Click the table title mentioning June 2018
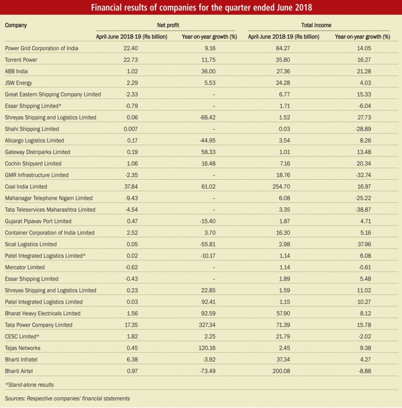(x=201, y=7)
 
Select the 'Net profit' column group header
(x=168, y=25)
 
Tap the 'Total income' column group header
(x=316, y=25)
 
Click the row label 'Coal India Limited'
(x=26, y=186)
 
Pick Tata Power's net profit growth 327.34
(x=207, y=325)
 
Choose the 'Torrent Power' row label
(x=21, y=60)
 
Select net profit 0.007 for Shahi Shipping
(x=131, y=129)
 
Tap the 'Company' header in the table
(x=16, y=25)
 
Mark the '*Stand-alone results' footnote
(x=29, y=385)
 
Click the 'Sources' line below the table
(x=67, y=398)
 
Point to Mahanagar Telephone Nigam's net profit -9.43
(x=131, y=198)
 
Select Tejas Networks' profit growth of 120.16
(x=207, y=348)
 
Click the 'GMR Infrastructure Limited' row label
(x=37, y=175)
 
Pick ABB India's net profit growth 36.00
(x=208, y=71)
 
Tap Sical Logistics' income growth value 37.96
(x=364, y=244)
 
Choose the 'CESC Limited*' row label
(x=22, y=336)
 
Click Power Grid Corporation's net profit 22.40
(x=131, y=48)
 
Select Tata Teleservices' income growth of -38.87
(x=363, y=210)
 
